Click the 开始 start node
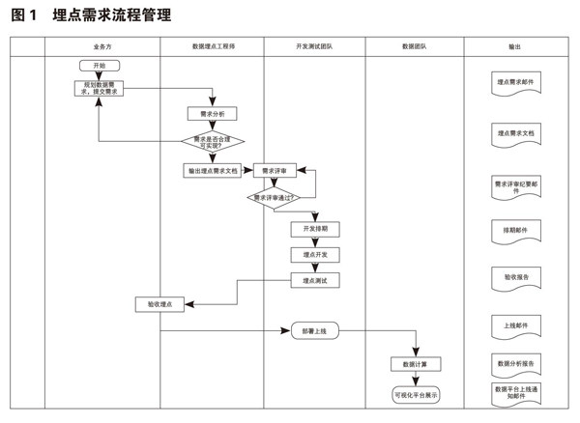tap(100, 66)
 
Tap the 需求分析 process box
tap(212, 113)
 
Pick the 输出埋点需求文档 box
tap(212, 170)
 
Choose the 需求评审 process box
tap(275, 170)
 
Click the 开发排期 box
tap(315, 229)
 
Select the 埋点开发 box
tap(315, 254)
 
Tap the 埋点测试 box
tap(315, 280)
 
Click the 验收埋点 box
tap(159, 304)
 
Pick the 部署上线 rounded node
tap(315, 330)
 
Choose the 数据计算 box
tap(416, 364)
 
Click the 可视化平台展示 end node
tap(416, 394)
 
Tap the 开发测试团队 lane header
tap(314, 46)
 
